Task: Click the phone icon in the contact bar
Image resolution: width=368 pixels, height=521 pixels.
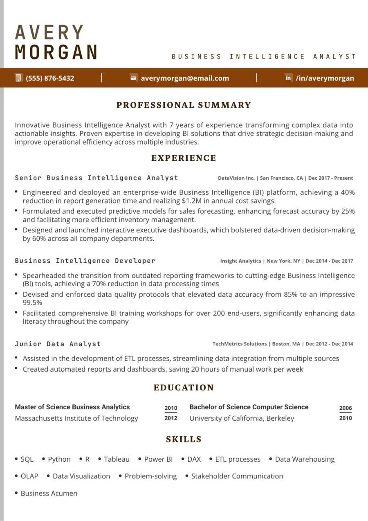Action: point(18,78)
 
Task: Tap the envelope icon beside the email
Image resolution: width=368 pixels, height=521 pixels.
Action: point(133,78)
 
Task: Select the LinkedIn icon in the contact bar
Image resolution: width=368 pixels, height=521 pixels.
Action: point(289,78)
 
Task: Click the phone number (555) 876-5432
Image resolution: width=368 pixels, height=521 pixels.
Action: point(50,78)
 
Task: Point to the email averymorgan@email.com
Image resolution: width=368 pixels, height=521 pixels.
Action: point(185,78)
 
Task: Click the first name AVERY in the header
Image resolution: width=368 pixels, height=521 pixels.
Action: point(49,32)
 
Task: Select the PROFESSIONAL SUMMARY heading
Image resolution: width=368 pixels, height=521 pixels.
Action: point(184,105)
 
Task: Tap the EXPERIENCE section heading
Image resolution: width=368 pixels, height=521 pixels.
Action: point(184,158)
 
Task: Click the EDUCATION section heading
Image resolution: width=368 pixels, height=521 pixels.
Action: point(184,388)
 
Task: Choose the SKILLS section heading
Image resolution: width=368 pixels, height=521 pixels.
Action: point(184,440)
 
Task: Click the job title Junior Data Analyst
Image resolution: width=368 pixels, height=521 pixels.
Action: point(58,344)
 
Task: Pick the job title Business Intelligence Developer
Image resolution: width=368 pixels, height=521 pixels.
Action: point(85,261)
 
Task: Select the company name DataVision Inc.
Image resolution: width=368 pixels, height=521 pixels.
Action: point(236,178)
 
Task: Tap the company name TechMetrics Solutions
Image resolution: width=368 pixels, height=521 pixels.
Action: point(239,344)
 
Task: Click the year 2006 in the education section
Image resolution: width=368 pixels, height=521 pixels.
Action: point(346,408)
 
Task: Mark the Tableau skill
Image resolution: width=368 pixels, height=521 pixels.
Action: point(117,459)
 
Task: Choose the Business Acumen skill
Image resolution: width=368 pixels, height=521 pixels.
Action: point(49,493)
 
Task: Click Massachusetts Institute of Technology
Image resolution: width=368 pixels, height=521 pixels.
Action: point(76,418)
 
